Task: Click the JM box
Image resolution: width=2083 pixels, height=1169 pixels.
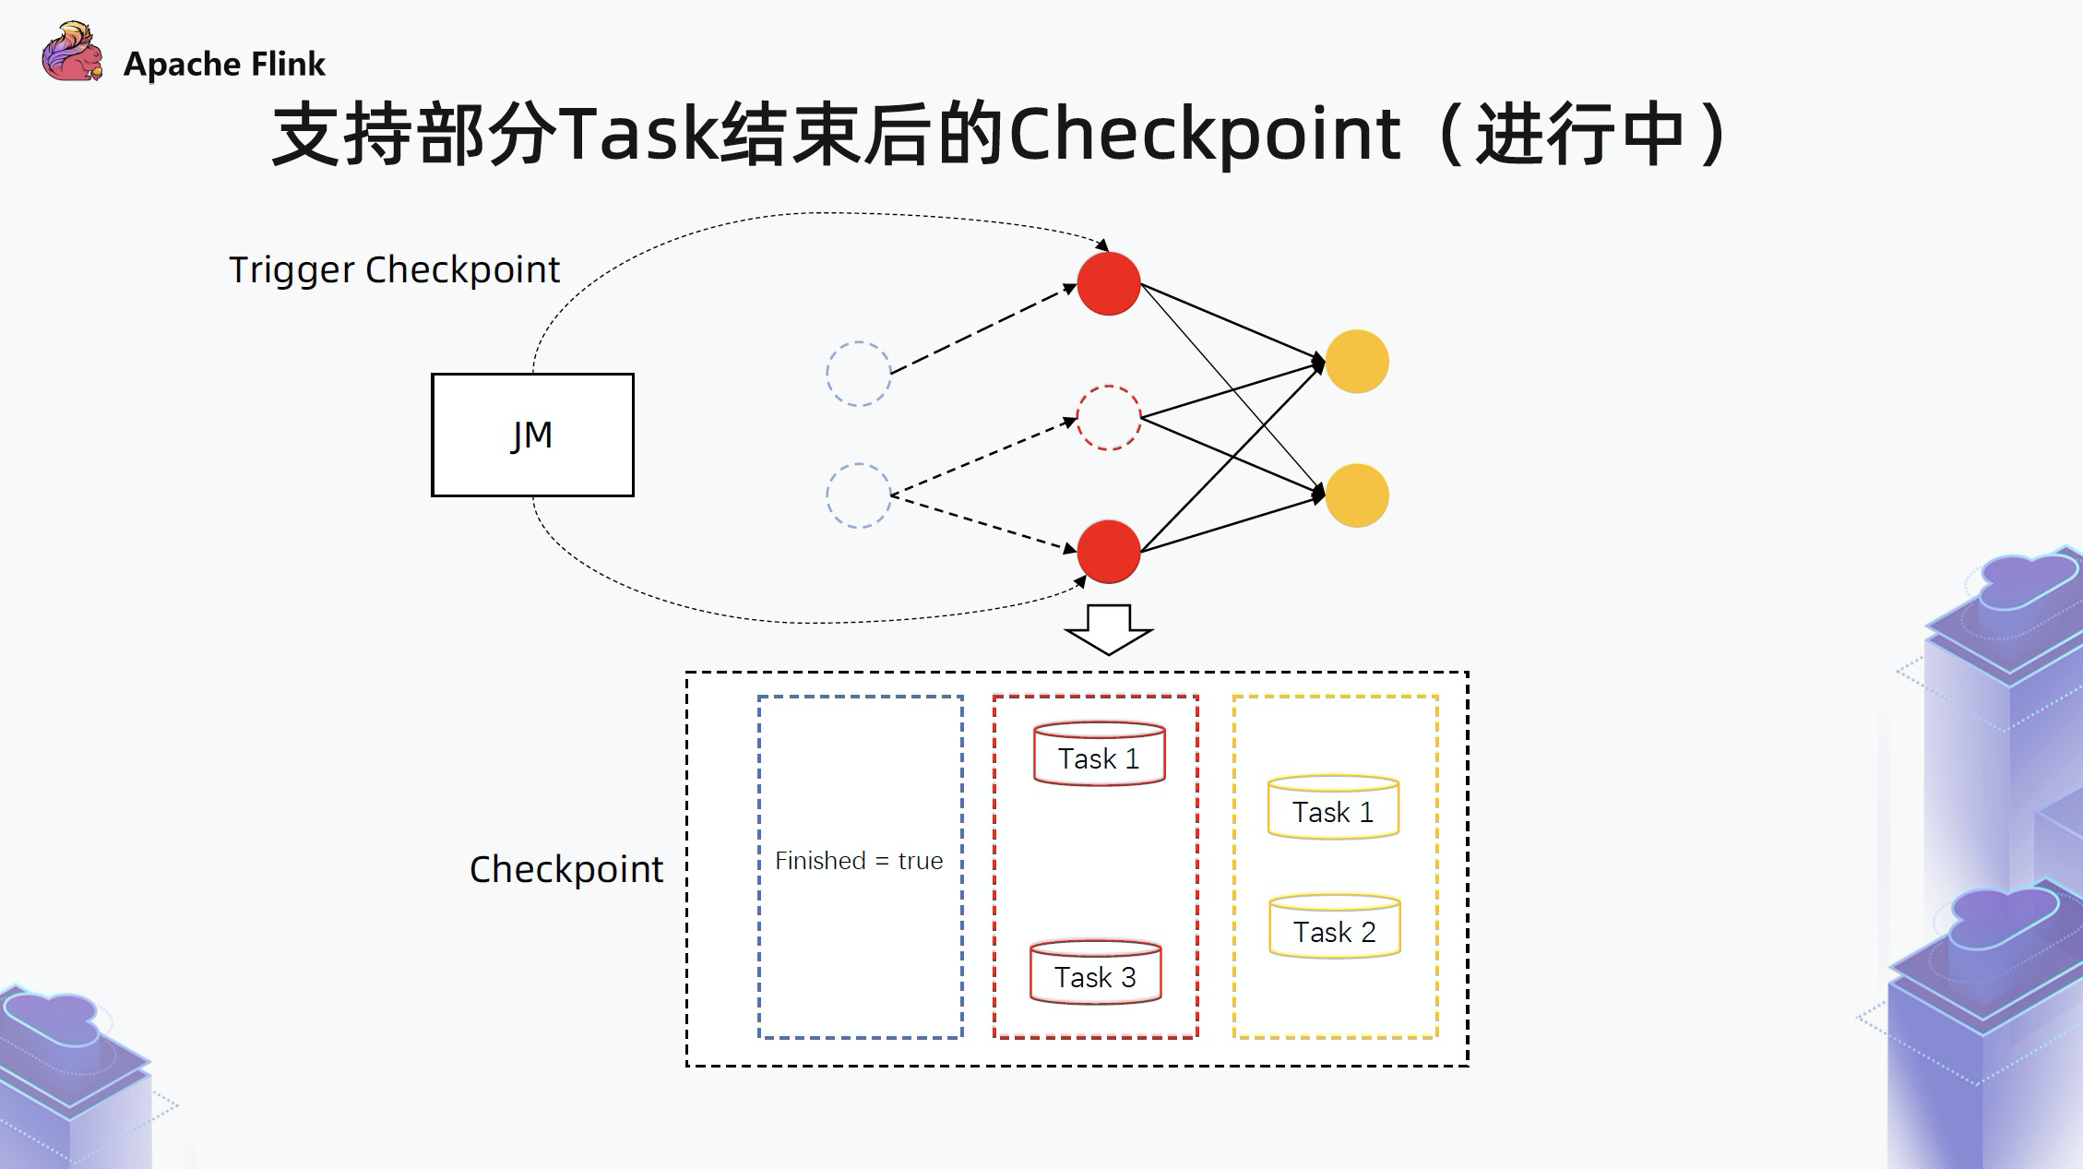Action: click(x=532, y=435)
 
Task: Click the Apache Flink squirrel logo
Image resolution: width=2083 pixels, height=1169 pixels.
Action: click(x=71, y=54)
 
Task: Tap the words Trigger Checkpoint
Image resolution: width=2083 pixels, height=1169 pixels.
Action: click(x=394, y=269)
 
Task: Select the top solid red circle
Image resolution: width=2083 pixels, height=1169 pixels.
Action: click(x=1108, y=283)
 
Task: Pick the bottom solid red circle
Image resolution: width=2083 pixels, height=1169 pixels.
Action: click(x=1108, y=552)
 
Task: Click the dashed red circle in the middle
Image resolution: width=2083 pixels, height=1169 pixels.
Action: click(x=1108, y=418)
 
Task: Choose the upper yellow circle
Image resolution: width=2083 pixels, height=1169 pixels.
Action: click(x=1356, y=362)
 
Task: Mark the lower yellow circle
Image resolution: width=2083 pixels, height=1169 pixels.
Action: click(x=1356, y=495)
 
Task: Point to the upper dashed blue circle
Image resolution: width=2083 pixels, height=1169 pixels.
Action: click(x=858, y=374)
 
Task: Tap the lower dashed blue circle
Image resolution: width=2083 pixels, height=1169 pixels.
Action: click(x=858, y=495)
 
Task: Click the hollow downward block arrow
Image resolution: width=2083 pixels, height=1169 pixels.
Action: click(x=1108, y=629)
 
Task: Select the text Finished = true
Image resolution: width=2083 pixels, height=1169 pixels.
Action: click(x=859, y=861)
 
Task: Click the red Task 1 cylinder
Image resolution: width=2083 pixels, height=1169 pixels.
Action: click(x=1099, y=755)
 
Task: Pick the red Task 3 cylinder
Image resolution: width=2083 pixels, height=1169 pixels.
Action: click(x=1095, y=972)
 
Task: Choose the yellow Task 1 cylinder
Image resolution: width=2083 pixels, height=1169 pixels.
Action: click(x=1333, y=808)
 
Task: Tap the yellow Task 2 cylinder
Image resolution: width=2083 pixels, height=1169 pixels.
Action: click(x=1334, y=927)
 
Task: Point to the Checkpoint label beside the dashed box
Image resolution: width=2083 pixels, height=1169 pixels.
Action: click(x=565, y=869)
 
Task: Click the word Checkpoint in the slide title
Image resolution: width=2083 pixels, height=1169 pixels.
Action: click(x=1205, y=135)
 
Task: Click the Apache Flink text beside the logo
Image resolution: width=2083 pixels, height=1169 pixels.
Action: click(x=224, y=65)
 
